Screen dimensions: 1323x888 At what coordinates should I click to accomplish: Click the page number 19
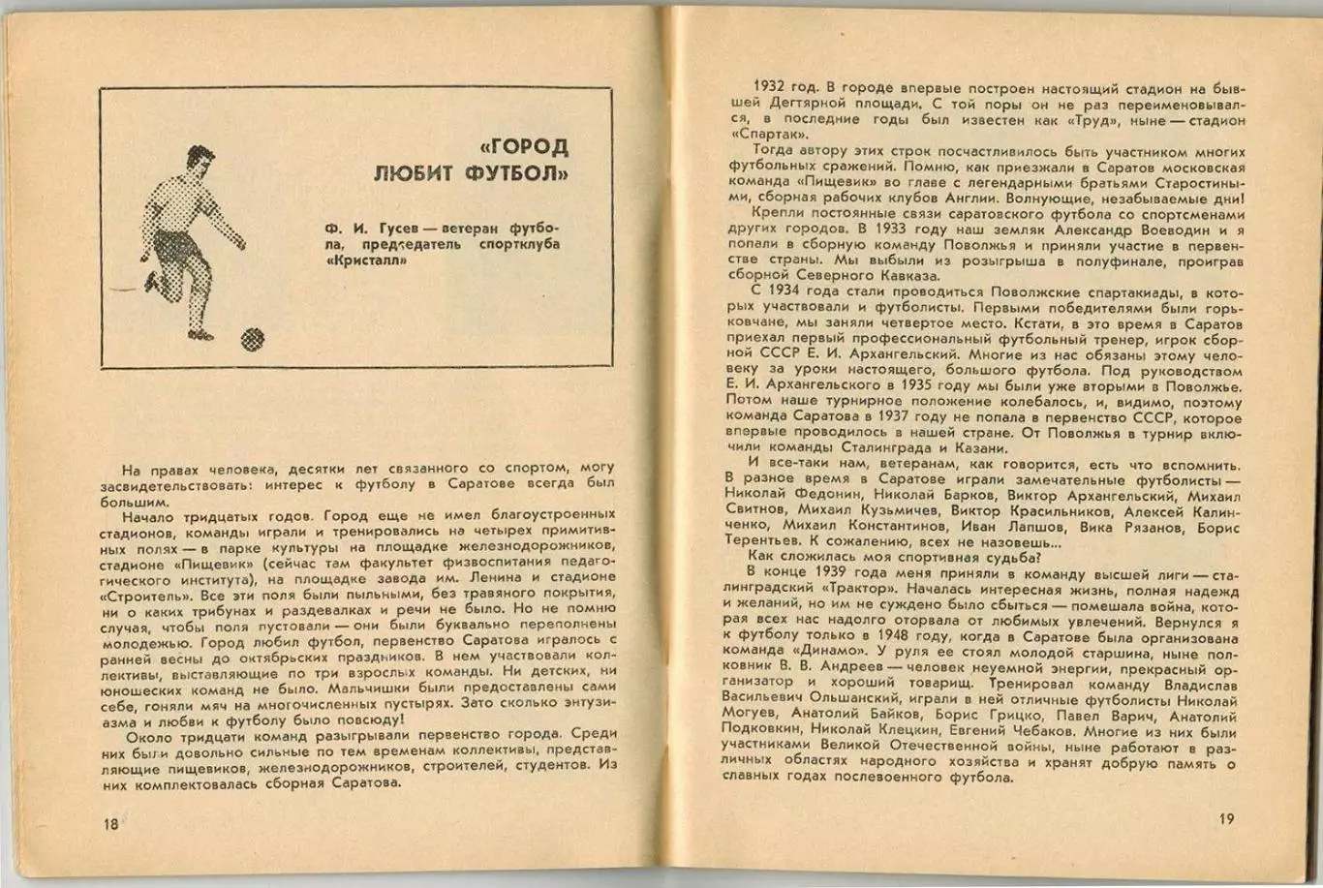(x=1225, y=819)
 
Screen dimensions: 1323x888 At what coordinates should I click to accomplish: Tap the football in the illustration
(x=252, y=338)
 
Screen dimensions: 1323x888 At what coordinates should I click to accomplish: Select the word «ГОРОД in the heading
(x=524, y=147)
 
